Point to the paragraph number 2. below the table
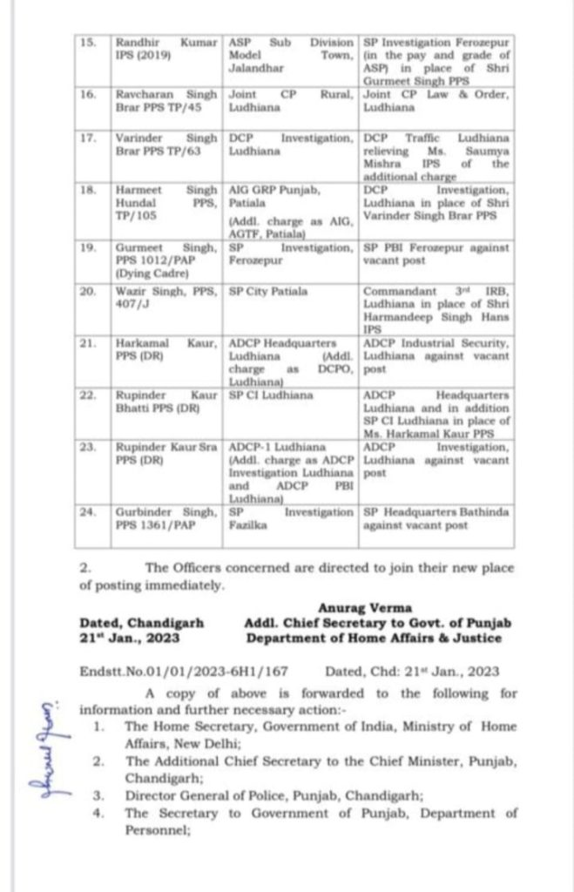pyautogui.click(x=84, y=568)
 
